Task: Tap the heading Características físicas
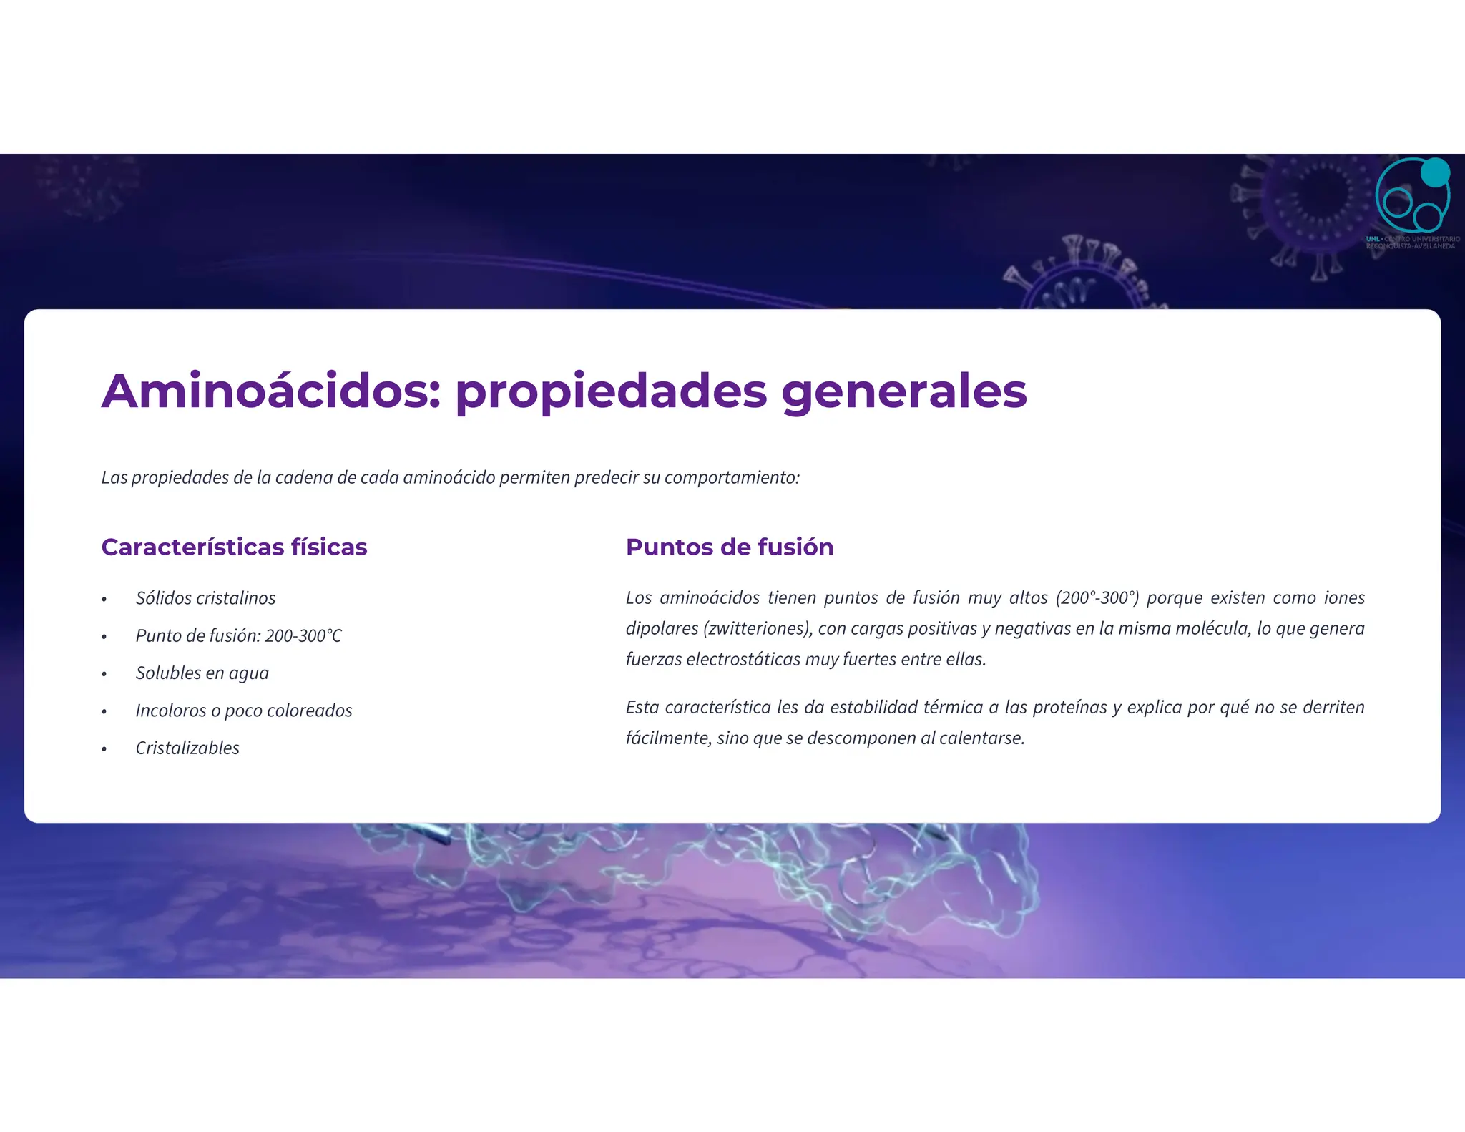(x=234, y=547)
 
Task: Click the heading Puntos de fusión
(x=729, y=547)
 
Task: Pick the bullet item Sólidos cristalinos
(x=205, y=598)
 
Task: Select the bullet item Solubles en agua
(x=202, y=673)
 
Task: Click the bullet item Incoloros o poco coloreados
(x=243, y=711)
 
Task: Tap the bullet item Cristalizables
(x=187, y=748)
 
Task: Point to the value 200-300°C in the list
(x=303, y=636)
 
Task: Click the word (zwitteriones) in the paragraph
(x=758, y=629)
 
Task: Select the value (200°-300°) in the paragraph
(x=1097, y=598)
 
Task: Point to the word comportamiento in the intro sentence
(x=730, y=478)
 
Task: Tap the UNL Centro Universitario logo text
(x=1412, y=243)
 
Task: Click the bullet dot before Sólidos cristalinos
(x=104, y=600)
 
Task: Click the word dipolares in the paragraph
(x=661, y=629)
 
